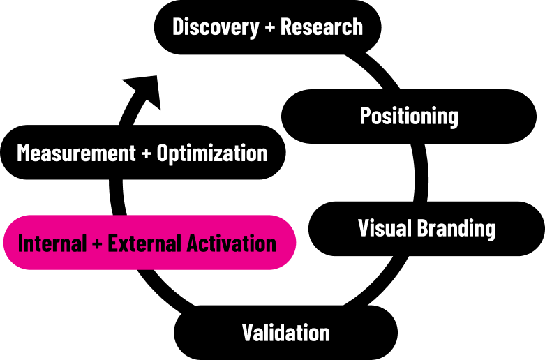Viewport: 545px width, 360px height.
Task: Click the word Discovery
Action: click(x=216, y=27)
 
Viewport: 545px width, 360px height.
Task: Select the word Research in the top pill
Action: click(x=322, y=27)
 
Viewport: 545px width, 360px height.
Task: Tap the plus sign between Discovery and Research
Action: click(x=270, y=27)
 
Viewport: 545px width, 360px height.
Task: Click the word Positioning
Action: click(x=409, y=117)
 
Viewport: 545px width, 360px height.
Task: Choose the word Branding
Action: click(x=456, y=229)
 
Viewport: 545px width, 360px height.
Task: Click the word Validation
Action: click(x=285, y=333)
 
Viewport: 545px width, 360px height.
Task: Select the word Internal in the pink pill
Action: click(x=52, y=243)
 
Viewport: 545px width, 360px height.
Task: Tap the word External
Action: click(x=145, y=243)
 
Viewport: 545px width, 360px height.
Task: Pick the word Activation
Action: click(x=232, y=243)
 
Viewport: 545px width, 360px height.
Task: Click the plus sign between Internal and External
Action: click(x=97, y=243)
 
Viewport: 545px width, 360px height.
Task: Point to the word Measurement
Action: click(x=76, y=153)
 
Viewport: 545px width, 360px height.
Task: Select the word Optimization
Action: click(x=212, y=153)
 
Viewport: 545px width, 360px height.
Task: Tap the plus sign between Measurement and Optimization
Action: click(x=147, y=153)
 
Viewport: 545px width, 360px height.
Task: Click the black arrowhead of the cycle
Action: click(x=145, y=90)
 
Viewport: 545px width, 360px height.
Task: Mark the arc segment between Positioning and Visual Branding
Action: click(x=421, y=172)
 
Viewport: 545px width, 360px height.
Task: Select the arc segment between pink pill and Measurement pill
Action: click(x=117, y=197)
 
